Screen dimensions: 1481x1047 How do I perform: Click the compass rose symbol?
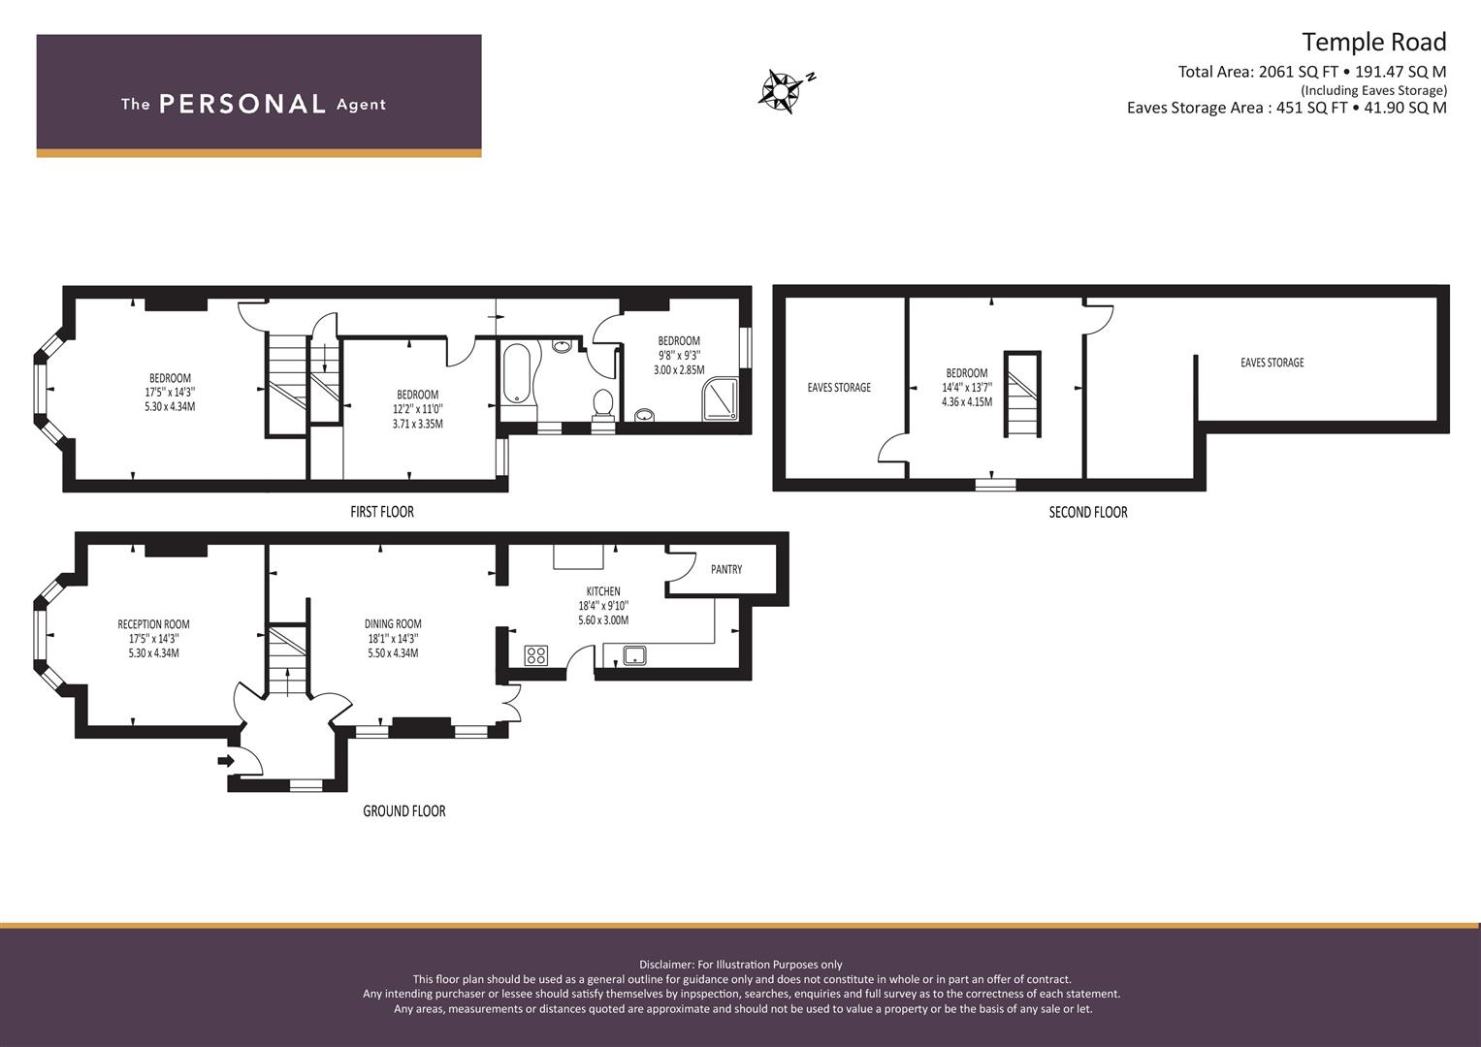tap(781, 90)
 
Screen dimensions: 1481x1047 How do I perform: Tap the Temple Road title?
tap(1374, 43)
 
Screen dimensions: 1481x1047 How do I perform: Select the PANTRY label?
tap(726, 569)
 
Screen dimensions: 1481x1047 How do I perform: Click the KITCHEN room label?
tap(603, 591)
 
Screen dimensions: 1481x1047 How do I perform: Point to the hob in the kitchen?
tap(535, 655)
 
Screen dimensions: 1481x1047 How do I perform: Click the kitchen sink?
tap(634, 655)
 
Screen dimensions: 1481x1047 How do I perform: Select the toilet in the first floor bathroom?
tap(602, 404)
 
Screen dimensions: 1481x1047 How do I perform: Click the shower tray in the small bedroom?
tap(721, 398)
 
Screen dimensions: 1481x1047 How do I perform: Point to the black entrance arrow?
tap(225, 761)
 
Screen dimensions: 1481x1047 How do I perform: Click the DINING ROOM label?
tap(393, 623)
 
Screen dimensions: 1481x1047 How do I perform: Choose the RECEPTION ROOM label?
tap(153, 624)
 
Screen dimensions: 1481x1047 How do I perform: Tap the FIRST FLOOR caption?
tap(382, 512)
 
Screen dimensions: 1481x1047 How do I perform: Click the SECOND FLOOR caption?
tap(1088, 512)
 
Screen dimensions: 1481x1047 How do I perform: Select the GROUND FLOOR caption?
tap(404, 811)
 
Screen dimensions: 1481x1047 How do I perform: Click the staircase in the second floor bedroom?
tap(1022, 394)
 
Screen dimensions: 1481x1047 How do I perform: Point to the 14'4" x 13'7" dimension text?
tap(967, 388)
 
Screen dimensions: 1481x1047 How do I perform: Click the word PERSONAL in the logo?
tap(242, 104)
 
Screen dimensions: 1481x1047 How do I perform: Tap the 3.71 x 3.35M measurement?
tap(418, 424)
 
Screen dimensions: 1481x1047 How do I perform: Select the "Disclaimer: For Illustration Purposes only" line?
tap(741, 965)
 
